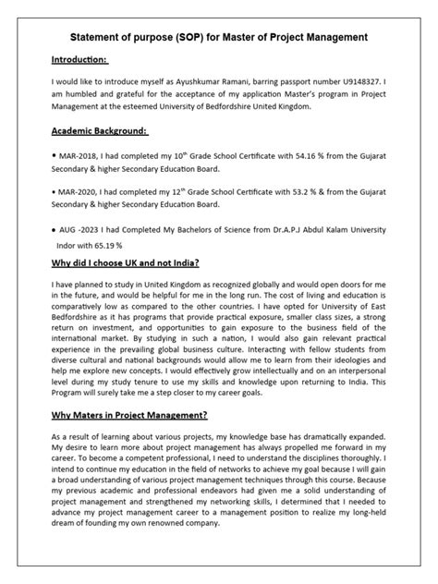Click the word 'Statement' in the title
(x=103, y=37)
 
